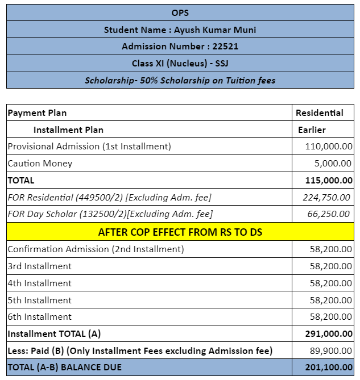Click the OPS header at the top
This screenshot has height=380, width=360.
click(x=180, y=12)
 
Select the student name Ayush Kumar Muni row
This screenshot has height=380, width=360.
click(x=180, y=30)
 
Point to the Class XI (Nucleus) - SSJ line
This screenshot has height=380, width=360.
click(x=180, y=64)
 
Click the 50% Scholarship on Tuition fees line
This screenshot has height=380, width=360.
click(x=180, y=81)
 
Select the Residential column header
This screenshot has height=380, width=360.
click(x=319, y=113)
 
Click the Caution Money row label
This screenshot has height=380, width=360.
click(x=40, y=164)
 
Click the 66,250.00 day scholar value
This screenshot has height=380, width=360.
click(x=329, y=214)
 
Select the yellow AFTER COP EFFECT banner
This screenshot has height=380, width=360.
click(x=180, y=232)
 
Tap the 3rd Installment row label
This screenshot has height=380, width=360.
click(x=40, y=266)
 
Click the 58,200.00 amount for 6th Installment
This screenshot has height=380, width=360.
click(x=331, y=317)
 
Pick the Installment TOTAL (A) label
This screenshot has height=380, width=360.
click(x=54, y=334)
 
